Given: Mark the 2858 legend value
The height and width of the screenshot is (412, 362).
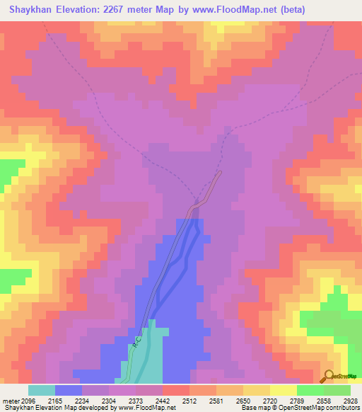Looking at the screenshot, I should [328, 401].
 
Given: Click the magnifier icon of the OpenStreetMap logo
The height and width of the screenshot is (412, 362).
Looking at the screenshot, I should [327, 376].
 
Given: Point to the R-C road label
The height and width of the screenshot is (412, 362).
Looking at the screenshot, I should [134, 343].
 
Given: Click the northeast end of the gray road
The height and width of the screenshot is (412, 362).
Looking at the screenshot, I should [220, 173].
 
